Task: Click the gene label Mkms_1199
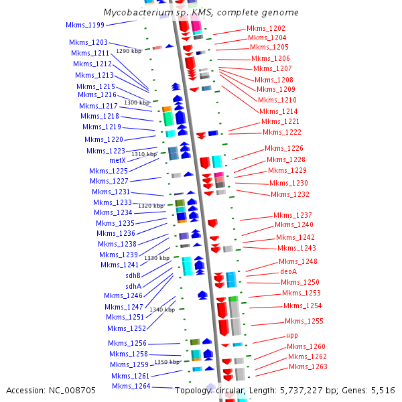click(85, 25)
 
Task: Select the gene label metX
click(117, 161)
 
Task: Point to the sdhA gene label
click(133, 286)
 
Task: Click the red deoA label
click(288, 272)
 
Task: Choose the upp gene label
click(292, 335)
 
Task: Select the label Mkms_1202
click(266, 28)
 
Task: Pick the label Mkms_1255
click(304, 321)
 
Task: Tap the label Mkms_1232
click(290, 194)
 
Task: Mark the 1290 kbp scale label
click(129, 51)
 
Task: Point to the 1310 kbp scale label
click(144, 154)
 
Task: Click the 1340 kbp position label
click(162, 310)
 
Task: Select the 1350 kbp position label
click(167, 362)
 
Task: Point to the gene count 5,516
click(383, 390)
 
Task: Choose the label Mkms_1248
click(298, 261)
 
